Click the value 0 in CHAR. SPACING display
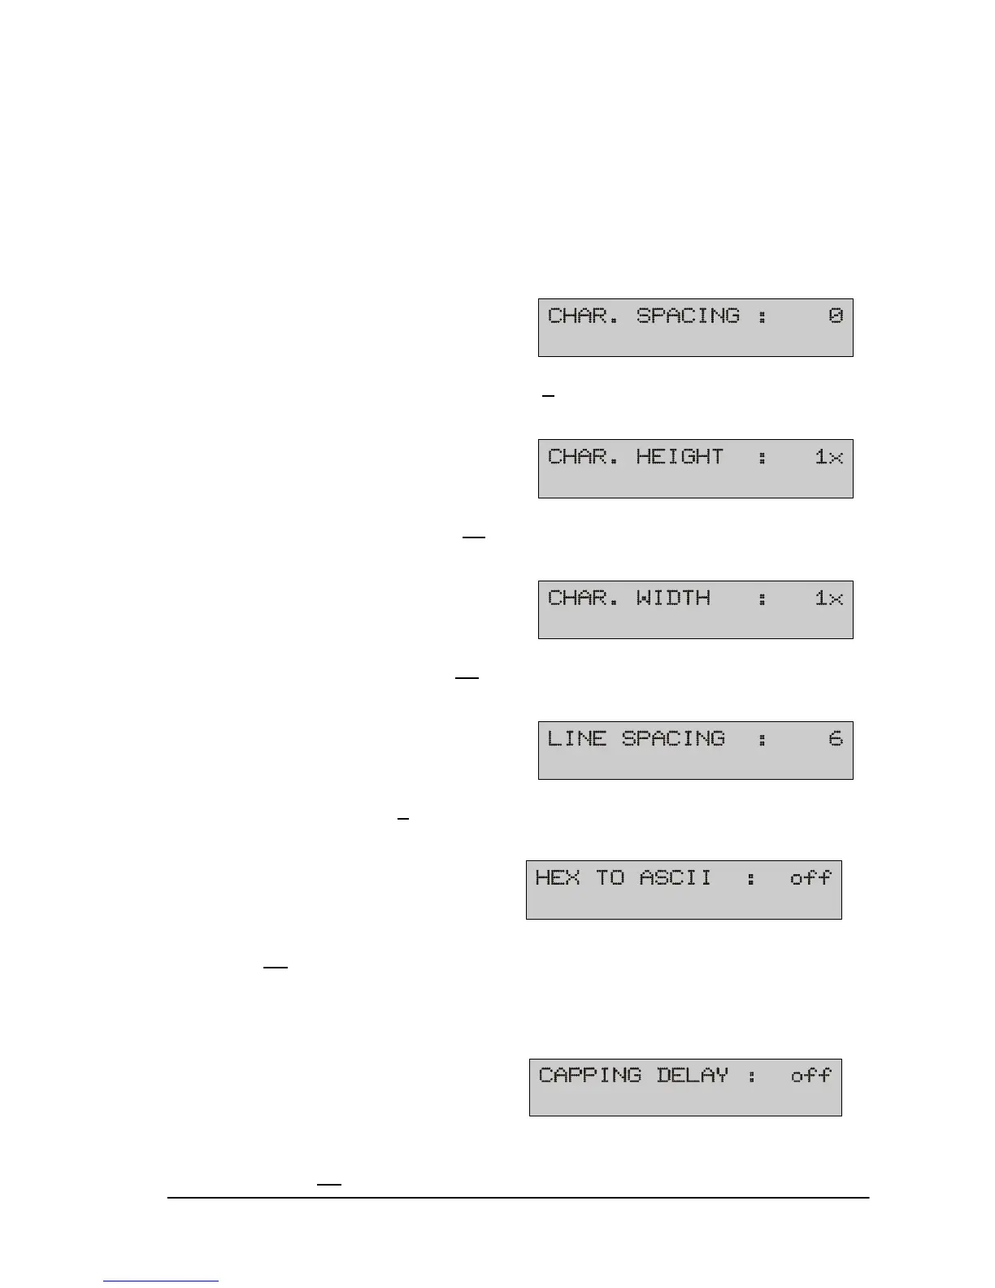click(836, 315)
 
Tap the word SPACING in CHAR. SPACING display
click(688, 315)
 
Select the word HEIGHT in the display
click(680, 457)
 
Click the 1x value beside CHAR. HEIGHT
click(829, 457)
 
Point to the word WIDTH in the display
click(673, 598)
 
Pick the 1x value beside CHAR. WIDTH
click(829, 598)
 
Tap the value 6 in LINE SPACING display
click(836, 739)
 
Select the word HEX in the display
click(557, 878)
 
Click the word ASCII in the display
click(675, 878)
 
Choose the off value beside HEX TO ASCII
click(810, 878)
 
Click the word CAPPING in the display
click(590, 1076)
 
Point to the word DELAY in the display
click(692, 1076)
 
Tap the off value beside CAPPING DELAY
click(810, 1076)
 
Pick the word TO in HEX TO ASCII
click(610, 878)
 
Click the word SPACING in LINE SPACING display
click(673, 739)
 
